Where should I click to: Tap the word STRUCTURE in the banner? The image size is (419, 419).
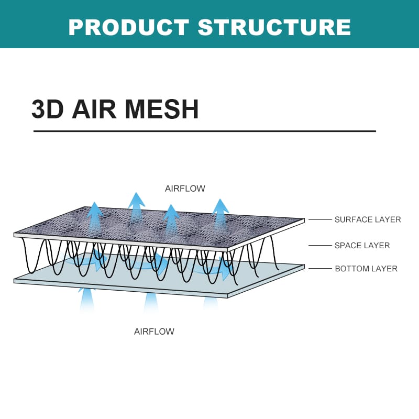tap(274, 27)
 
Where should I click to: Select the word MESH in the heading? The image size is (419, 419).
tap(162, 109)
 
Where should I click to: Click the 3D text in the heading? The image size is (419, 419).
tap(48, 109)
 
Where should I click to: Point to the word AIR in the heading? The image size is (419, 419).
tap(94, 109)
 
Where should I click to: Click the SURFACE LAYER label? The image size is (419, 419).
tap(368, 219)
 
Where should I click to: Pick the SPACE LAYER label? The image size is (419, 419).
tap(362, 245)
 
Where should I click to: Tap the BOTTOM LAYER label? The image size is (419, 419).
tap(366, 269)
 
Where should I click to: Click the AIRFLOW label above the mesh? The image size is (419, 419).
tap(185, 189)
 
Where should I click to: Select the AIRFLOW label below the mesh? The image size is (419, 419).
tap(154, 332)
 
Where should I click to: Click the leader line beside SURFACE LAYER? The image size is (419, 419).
tap(320, 219)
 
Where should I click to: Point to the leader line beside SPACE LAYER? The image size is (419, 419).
tap(320, 245)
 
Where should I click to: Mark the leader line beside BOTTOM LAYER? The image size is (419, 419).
tap(320, 268)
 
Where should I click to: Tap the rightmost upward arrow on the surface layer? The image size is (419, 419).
tap(220, 214)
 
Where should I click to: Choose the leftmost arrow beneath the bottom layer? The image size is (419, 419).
tap(86, 300)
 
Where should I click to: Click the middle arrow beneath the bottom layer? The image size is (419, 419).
tap(151, 303)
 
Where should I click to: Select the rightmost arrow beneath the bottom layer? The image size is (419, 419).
tap(211, 304)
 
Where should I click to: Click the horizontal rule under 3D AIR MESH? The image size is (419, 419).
tap(205, 131)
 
